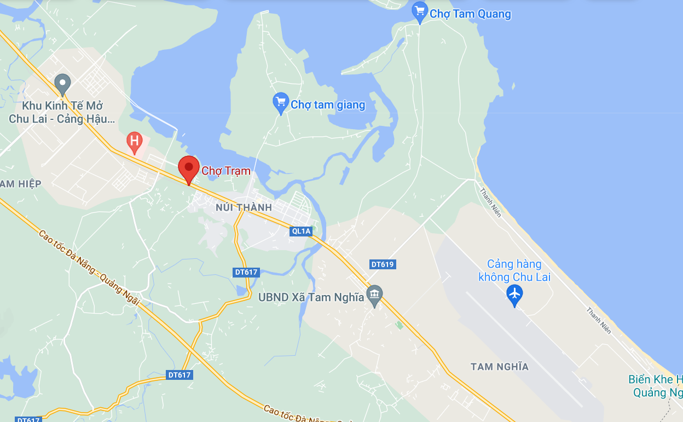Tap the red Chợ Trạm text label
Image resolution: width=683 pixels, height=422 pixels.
(226, 171)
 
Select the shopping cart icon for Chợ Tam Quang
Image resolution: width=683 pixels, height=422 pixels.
(420, 11)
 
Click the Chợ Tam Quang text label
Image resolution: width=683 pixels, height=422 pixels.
(470, 14)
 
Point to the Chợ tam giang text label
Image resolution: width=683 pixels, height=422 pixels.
(328, 105)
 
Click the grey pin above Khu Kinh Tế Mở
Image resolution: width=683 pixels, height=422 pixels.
(63, 84)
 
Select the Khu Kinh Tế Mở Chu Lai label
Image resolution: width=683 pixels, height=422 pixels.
(62, 112)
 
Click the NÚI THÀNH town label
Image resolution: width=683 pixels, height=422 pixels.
(244, 207)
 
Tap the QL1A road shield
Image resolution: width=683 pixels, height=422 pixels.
(301, 232)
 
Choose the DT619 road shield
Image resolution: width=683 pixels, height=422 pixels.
(383, 264)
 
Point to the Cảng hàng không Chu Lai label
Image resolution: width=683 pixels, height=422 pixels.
(514, 271)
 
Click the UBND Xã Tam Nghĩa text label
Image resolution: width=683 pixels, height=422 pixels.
(311, 297)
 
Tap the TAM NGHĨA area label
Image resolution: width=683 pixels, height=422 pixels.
(500, 367)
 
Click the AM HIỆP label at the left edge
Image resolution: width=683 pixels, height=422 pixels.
(20, 184)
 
